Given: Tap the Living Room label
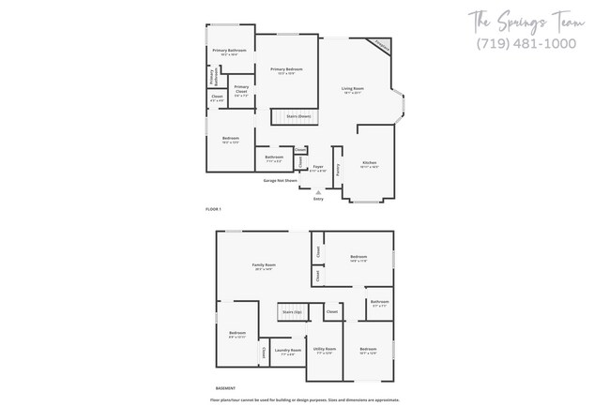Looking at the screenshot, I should click(353, 88).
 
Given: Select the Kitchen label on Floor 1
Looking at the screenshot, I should click(369, 162).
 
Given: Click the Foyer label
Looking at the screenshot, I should click(318, 166).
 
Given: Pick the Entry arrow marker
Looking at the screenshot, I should click(317, 192).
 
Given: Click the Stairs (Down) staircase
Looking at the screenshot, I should click(295, 117).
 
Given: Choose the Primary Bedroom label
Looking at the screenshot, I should click(286, 69).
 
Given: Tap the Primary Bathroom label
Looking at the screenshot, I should click(229, 50).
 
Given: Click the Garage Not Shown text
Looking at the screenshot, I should click(280, 179).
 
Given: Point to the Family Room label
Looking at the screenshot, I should click(264, 265).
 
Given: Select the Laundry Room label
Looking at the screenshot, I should click(288, 351).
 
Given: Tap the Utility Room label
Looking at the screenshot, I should click(325, 350).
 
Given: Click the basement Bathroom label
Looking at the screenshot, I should click(379, 301).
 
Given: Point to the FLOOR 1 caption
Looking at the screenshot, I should click(213, 208).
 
